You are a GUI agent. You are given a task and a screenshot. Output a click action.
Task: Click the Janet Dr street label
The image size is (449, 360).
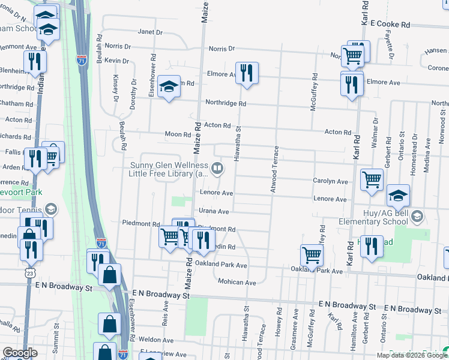(150, 32)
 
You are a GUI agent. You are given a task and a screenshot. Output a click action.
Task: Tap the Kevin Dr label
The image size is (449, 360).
(116, 61)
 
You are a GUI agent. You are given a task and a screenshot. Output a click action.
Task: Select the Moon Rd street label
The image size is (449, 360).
(179, 134)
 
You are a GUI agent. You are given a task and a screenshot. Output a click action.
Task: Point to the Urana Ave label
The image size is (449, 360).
(215, 211)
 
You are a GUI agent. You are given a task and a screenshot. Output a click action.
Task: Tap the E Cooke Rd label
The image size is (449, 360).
(390, 25)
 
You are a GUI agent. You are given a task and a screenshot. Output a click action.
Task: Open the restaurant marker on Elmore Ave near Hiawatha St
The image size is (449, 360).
(247, 74)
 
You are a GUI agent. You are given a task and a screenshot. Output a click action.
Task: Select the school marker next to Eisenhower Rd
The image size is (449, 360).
(169, 86)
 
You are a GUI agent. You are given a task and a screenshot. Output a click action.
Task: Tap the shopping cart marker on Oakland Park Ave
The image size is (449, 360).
(312, 256)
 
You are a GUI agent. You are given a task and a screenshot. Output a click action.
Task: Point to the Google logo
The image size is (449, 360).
(20, 353)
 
